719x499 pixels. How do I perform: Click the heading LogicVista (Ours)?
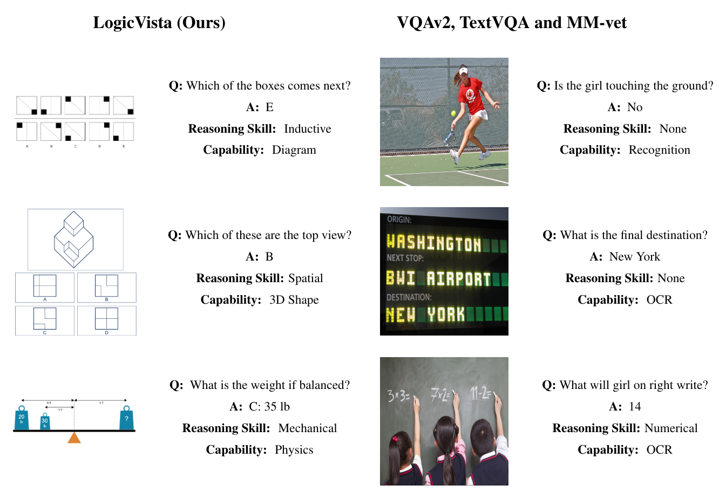coord(159,23)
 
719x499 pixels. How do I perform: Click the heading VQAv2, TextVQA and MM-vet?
coord(512,23)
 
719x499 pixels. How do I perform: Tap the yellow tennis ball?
coord(453,113)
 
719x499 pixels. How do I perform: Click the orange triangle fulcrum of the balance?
coord(74,437)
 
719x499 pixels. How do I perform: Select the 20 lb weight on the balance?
coord(22,419)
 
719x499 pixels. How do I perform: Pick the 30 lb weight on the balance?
coord(45,422)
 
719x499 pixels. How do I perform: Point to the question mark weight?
coord(126,419)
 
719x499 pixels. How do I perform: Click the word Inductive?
coord(307,129)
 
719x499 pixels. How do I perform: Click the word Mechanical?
coord(307,428)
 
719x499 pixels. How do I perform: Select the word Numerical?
coord(670,428)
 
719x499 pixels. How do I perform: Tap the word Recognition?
coord(659,150)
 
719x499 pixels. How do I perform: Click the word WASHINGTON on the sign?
coord(434,243)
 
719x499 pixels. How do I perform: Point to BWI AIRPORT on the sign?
coord(438,278)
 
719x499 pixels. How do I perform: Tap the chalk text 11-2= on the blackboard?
coord(480,393)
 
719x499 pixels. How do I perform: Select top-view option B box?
coord(106,286)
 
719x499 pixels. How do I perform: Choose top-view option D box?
coord(106,320)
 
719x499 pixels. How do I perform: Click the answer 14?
coord(635,407)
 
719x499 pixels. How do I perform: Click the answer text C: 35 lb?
coord(269,407)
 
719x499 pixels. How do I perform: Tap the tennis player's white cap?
coord(463,70)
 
